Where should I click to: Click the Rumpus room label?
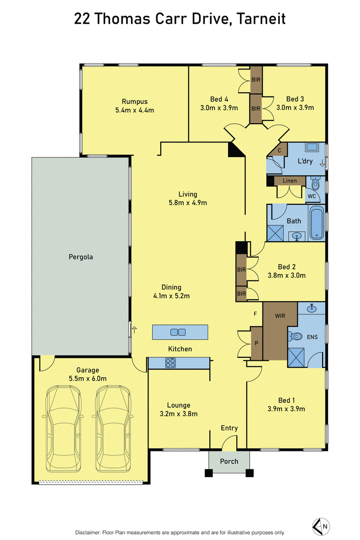pos(135,102)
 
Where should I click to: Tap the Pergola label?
pos(81,257)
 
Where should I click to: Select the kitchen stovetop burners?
pos(171,363)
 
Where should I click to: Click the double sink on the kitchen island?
pos(178,332)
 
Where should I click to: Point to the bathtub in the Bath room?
pos(316,223)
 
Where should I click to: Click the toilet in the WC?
pos(315,184)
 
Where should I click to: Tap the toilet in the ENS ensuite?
pos(295,336)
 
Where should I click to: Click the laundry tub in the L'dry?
pos(312,147)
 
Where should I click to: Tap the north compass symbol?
pos(321,526)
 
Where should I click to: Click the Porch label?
pos(229,461)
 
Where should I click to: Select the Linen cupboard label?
pos(290,180)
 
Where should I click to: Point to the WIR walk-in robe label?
pos(280,316)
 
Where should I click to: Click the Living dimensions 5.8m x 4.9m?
pos(188,203)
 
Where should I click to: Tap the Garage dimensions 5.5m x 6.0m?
pos(88,378)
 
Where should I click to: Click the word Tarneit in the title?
pos(261,18)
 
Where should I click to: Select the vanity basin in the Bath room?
pos(297,236)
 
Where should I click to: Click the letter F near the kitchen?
pos(255,314)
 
